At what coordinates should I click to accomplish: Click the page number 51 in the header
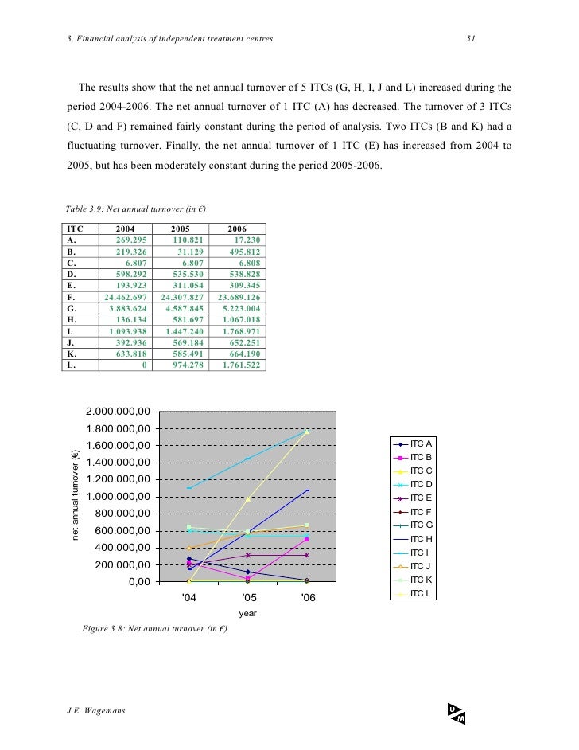(471, 37)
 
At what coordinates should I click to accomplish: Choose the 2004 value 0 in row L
(144, 365)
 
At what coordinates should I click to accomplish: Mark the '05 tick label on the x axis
(248, 597)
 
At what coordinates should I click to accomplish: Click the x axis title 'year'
(248, 614)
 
